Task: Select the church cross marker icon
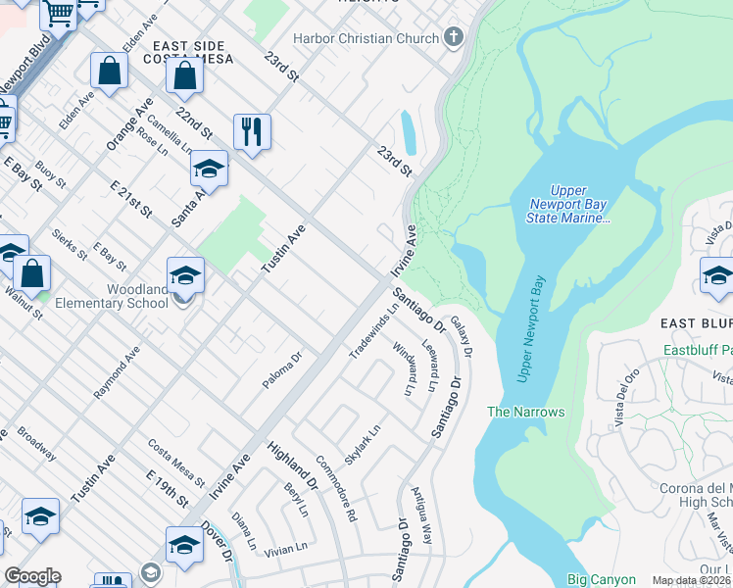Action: [x=453, y=37]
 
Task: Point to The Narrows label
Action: [x=526, y=413]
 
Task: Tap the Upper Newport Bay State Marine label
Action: [x=581, y=205]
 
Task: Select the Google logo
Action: [x=32, y=576]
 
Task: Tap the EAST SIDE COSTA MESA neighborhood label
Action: [x=188, y=53]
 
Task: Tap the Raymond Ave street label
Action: [x=117, y=369]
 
